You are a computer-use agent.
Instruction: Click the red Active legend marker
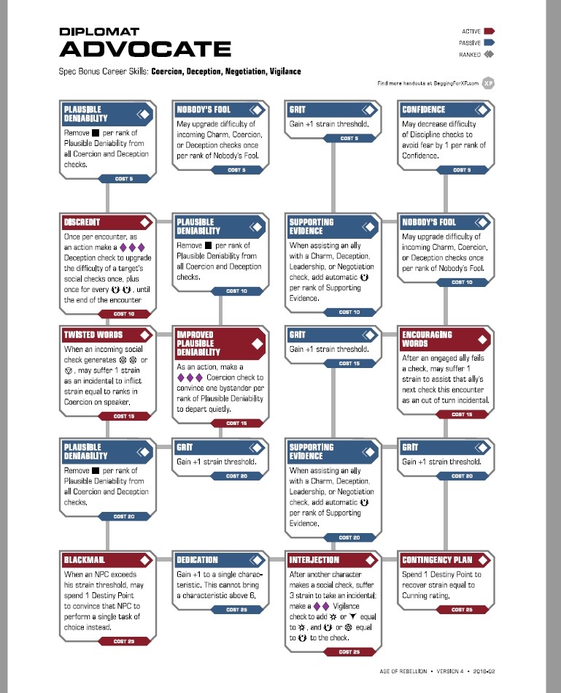point(490,31)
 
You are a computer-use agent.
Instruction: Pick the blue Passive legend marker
point(490,43)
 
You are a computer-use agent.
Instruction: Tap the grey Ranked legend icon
point(489,55)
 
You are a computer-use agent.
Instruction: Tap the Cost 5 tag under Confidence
point(460,170)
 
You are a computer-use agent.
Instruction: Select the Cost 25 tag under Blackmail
point(122,641)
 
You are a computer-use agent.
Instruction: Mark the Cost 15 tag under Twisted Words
point(122,416)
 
